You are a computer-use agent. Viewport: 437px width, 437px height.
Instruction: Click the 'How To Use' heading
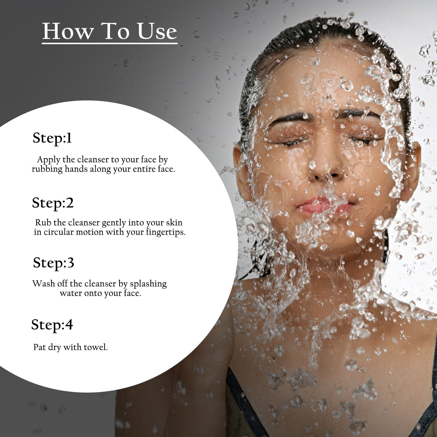point(110,31)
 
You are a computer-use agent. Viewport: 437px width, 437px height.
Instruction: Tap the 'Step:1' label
point(52,138)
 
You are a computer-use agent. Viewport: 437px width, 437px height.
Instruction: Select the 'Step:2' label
point(53,203)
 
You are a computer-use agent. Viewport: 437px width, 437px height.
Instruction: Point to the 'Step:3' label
point(54,263)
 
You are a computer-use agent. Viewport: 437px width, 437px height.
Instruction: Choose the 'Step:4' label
point(52,325)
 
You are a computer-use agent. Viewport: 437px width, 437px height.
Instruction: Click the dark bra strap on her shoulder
point(240,399)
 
